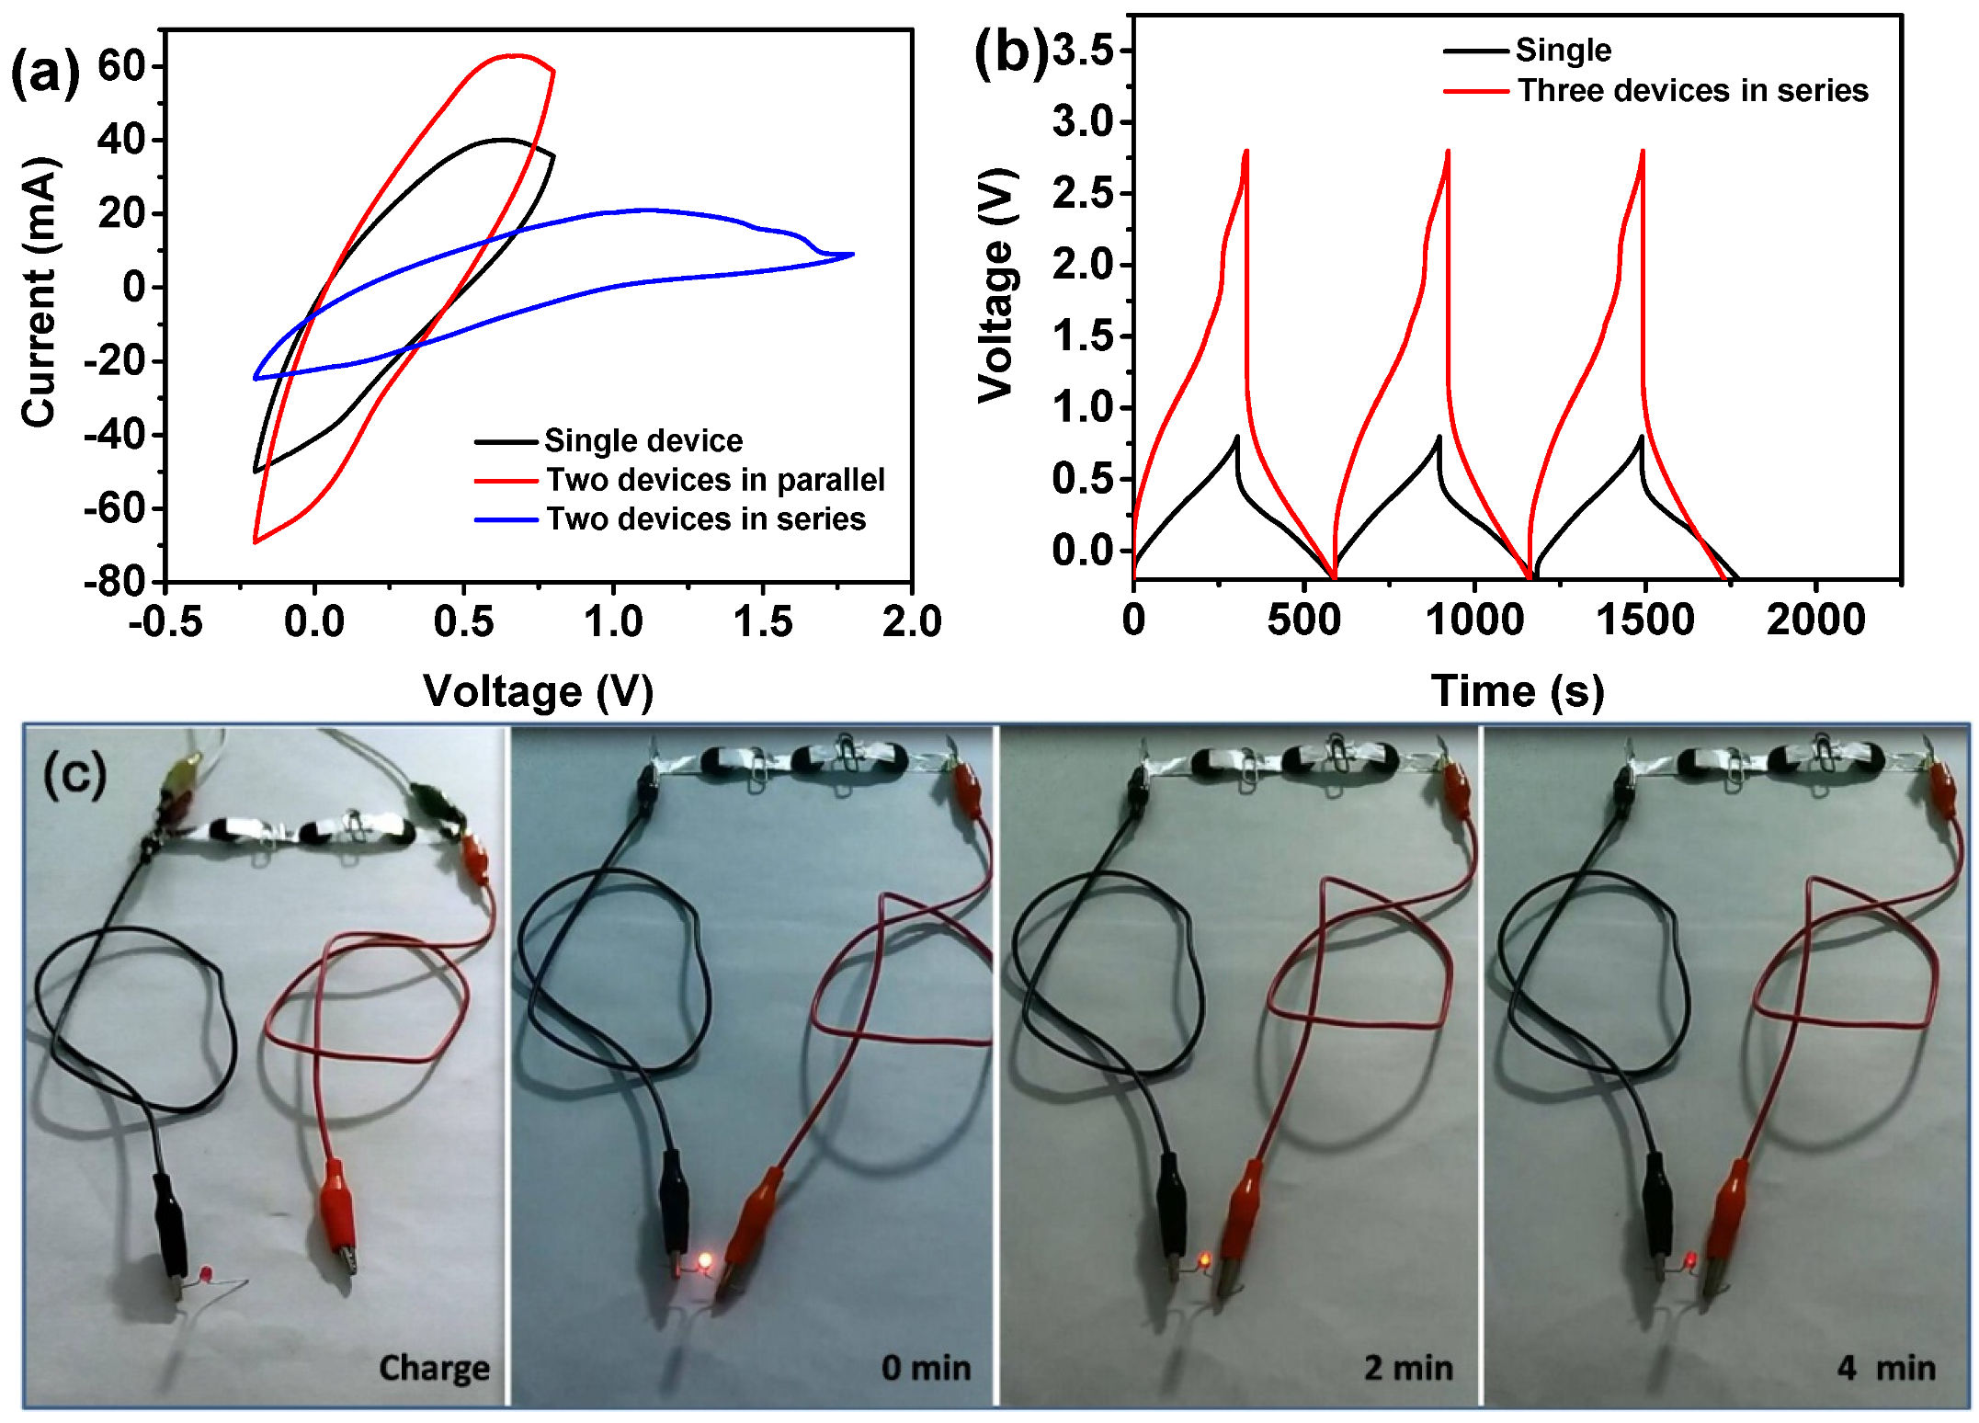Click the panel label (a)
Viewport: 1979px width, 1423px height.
coord(44,73)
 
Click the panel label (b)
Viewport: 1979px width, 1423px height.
coord(1010,52)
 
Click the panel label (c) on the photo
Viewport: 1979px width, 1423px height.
coord(74,774)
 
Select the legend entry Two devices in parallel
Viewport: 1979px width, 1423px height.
coord(714,480)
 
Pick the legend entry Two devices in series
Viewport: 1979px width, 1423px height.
coord(705,519)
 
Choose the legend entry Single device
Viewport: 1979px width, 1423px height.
coord(643,440)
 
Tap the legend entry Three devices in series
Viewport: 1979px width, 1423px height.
coord(1692,90)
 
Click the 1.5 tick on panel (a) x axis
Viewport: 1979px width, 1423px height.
coord(762,622)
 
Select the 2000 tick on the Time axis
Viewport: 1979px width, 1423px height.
coord(1815,620)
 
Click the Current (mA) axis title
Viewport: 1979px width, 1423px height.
coord(39,292)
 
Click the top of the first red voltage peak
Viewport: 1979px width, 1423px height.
coord(1246,152)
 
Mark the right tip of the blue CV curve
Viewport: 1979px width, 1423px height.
coord(853,255)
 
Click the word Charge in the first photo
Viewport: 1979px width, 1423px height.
coord(434,1368)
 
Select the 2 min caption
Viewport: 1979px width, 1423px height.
coord(1407,1368)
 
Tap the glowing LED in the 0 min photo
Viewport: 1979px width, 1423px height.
coord(705,1260)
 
